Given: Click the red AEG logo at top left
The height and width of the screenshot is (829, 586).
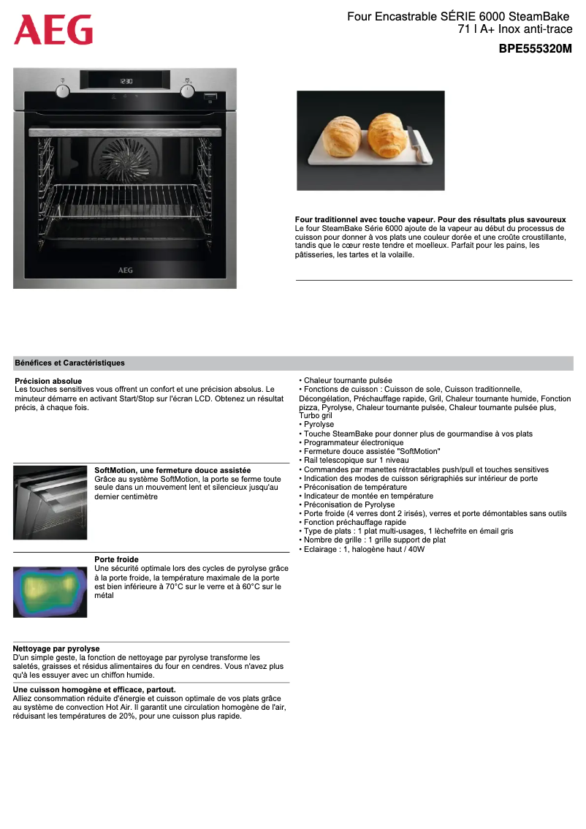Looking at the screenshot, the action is pyautogui.click(x=53, y=30).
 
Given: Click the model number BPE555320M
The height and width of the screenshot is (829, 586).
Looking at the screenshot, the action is pyautogui.click(x=535, y=49).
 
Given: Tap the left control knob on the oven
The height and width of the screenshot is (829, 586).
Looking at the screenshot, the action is pyautogui.click(x=63, y=91).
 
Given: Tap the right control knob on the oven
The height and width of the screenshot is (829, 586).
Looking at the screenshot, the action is pyautogui.click(x=188, y=91).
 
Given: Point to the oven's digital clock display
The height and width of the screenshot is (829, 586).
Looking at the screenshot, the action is pyautogui.click(x=126, y=81).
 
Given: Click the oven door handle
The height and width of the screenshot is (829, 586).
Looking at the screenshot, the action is pyautogui.click(x=124, y=131).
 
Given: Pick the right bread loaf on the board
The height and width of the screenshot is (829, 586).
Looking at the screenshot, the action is pyautogui.click(x=387, y=133).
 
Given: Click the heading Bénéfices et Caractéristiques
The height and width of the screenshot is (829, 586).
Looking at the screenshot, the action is pyautogui.click(x=70, y=363).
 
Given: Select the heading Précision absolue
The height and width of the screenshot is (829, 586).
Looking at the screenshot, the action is pyautogui.click(x=48, y=381).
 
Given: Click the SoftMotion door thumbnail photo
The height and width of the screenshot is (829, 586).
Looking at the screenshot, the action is pyautogui.click(x=50, y=502).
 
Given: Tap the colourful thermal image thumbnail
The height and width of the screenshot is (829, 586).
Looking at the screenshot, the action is pyautogui.click(x=50, y=591).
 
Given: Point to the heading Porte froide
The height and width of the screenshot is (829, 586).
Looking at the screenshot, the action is pyautogui.click(x=116, y=559).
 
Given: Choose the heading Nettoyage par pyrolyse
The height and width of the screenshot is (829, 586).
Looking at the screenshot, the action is pyautogui.click(x=56, y=648).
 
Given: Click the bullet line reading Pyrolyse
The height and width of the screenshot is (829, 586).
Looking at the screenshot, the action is pyautogui.click(x=319, y=425).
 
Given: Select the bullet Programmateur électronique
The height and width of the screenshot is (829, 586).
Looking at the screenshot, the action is pyautogui.click(x=353, y=442).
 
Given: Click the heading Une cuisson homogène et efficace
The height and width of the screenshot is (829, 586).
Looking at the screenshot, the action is pyautogui.click(x=94, y=689).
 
